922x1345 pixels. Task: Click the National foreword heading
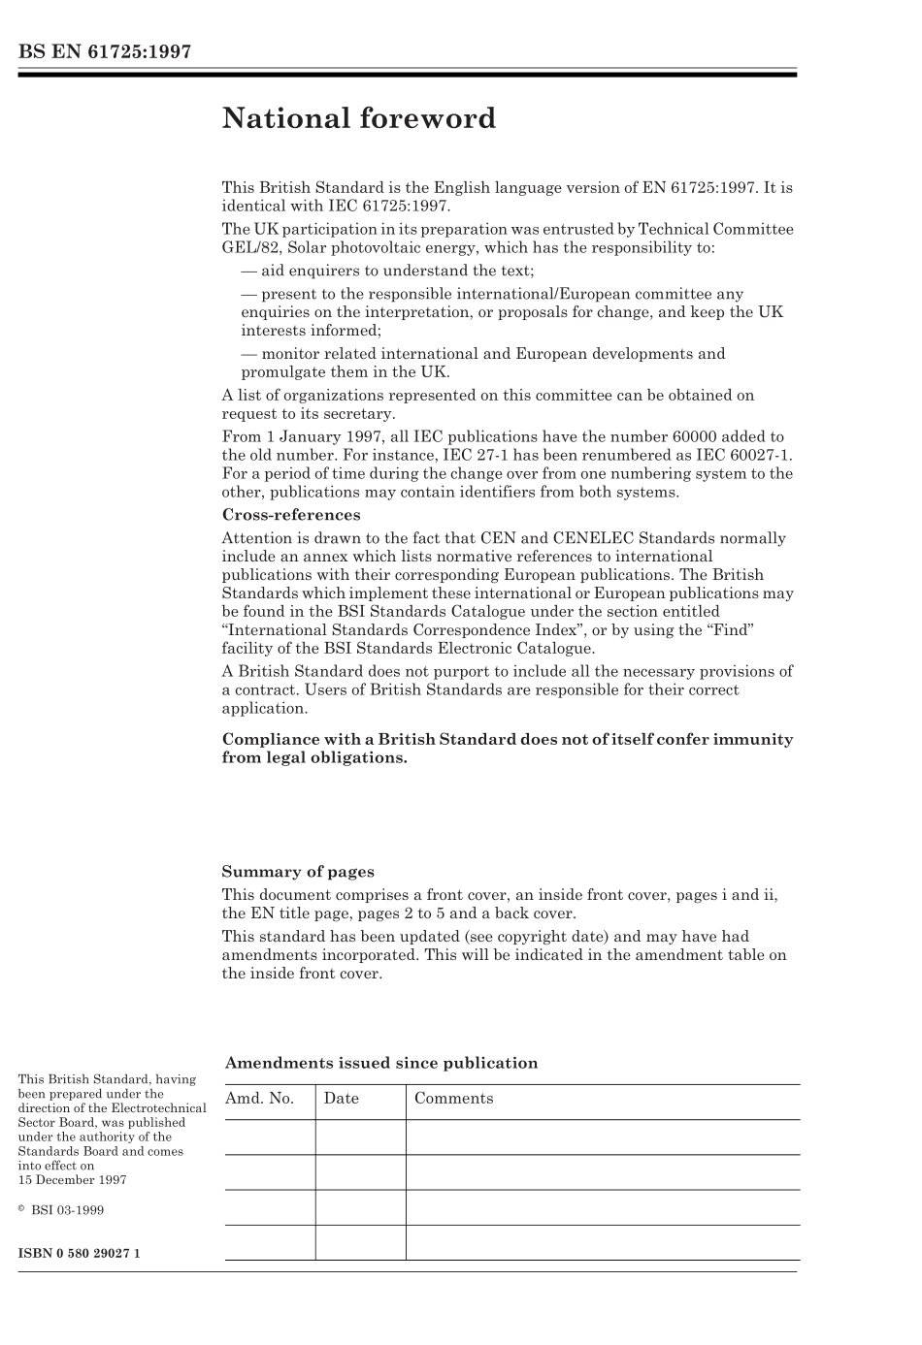[358, 118]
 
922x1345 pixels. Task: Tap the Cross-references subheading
[290, 515]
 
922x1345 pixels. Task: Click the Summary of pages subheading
[297, 872]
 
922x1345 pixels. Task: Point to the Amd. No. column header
[259, 1099]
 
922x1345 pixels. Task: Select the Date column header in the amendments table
[341, 1099]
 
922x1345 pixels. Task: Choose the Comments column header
[453, 1099]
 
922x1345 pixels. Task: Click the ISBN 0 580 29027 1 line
[80, 1253]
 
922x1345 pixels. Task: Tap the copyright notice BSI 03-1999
[67, 1210]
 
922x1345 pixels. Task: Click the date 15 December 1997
[72, 1180]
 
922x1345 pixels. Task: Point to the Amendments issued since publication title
[380, 1063]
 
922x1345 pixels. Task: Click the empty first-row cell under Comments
[602, 1137]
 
